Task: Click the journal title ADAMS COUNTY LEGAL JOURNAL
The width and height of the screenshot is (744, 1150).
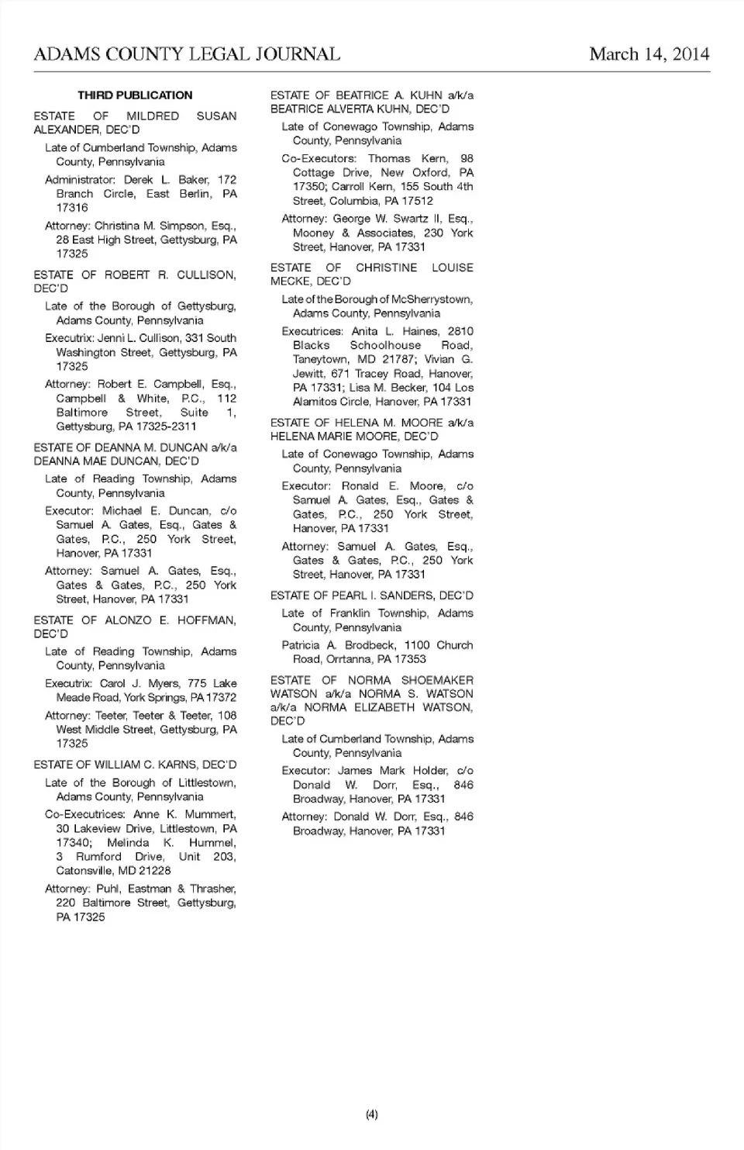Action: [187, 54]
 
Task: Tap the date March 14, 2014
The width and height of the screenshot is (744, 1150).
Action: [649, 54]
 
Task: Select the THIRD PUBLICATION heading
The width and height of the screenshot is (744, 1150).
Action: [135, 95]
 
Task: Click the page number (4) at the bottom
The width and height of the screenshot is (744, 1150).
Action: [372, 1114]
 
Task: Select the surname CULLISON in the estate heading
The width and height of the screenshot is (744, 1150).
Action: [206, 275]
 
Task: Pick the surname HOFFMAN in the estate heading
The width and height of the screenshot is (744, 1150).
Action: [206, 620]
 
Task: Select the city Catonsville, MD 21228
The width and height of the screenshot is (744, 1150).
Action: [113, 871]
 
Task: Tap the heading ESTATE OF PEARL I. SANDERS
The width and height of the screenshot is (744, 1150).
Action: [372, 596]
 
